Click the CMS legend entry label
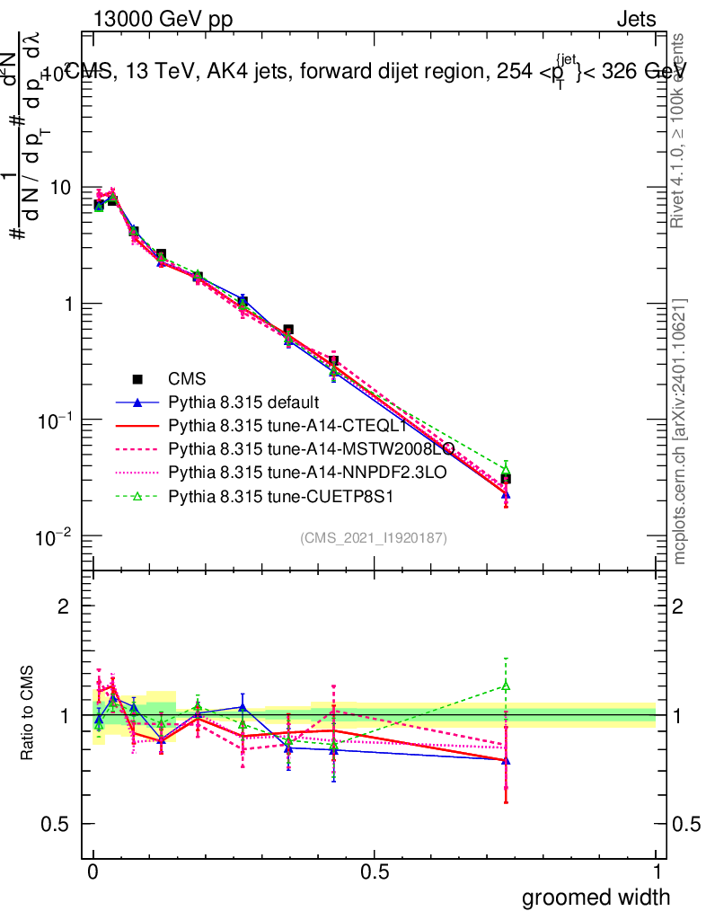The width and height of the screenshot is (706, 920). [187, 379]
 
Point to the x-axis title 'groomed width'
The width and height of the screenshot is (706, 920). [596, 896]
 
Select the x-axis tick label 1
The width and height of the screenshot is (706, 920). [656, 872]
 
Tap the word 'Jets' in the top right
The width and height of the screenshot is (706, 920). [635, 19]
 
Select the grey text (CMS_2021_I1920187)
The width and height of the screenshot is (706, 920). [374, 537]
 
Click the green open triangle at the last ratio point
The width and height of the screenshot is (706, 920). [506, 686]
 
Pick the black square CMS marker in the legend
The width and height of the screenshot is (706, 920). [137, 379]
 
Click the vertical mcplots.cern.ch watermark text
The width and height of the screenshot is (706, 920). [680, 431]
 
